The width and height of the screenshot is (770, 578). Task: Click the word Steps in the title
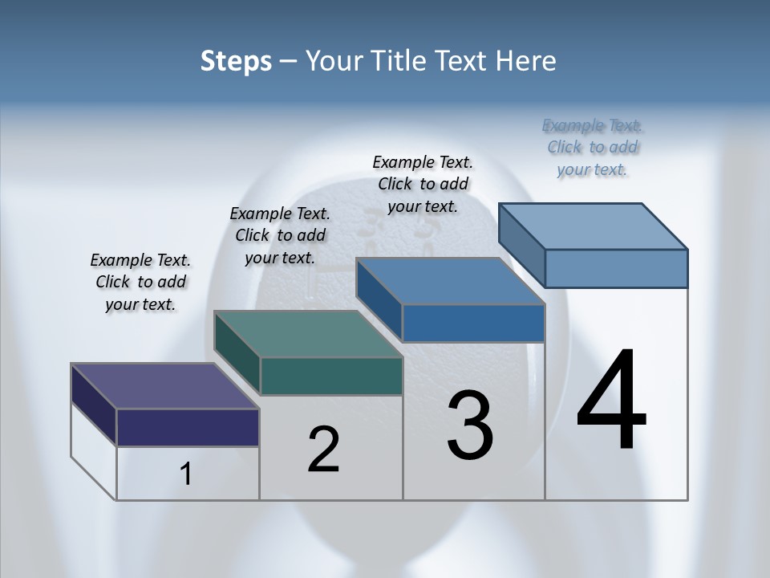click(236, 61)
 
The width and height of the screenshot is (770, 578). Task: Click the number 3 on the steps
click(470, 425)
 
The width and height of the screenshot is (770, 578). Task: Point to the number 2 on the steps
click(323, 450)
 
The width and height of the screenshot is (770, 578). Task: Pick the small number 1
click(186, 474)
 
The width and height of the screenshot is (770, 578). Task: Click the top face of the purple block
click(164, 386)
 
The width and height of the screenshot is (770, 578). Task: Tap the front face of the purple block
click(188, 427)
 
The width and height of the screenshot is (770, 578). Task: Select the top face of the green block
click(307, 334)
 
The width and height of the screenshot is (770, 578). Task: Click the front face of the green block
click(331, 376)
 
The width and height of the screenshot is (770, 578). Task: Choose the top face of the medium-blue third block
click(450, 281)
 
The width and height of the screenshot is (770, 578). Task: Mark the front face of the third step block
click(473, 323)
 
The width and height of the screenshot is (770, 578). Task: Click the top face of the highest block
click(593, 226)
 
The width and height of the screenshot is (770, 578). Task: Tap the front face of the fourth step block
click(616, 268)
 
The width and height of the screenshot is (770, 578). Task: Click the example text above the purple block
click(140, 282)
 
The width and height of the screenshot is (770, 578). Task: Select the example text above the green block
click(280, 235)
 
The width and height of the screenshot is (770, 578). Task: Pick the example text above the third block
click(423, 184)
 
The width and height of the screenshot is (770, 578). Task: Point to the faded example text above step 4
click(592, 147)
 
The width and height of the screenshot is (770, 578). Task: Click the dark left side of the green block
click(237, 353)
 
